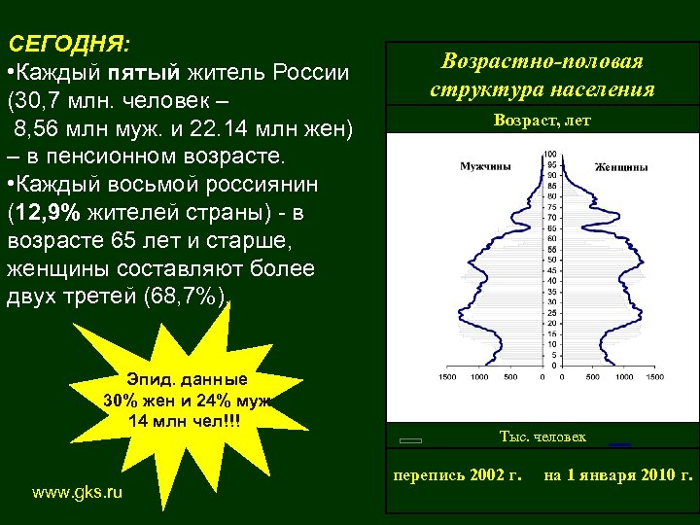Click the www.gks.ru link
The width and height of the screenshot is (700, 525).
[x=78, y=493]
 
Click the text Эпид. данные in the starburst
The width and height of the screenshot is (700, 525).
[x=187, y=380]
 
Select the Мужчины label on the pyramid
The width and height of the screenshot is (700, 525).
[x=485, y=167]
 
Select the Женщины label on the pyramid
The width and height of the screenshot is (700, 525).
[x=621, y=167]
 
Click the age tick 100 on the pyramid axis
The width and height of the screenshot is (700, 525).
[x=550, y=155]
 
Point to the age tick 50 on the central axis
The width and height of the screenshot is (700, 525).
[x=551, y=261]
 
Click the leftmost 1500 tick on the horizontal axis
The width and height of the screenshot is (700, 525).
[x=449, y=376]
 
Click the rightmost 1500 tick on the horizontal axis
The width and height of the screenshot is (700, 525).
[x=655, y=376]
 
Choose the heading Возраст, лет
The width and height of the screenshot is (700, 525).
[x=542, y=122]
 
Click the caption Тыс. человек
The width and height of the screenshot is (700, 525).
[x=542, y=437]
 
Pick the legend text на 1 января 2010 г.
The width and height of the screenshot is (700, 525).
[x=618, y=475]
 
